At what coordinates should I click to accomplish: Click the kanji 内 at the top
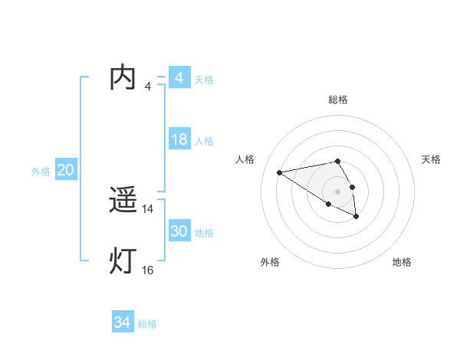pos(123,79)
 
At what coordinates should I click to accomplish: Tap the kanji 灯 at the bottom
pos(123,261)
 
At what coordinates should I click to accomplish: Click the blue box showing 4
pos(179,78)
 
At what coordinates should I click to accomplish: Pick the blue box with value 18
pos(179,139)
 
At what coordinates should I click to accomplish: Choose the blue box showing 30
pos(179,231)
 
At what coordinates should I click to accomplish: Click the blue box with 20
pos(65,170)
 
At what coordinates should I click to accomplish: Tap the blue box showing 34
pos(122,322)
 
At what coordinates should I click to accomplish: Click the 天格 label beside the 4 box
pos(204,80)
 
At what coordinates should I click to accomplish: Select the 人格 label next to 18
pos(204,141)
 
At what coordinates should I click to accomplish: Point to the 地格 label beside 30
pos(204,233)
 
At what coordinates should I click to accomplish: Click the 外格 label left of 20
pos(41,172)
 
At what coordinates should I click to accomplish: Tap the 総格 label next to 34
pos(147,324)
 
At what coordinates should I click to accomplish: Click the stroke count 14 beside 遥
pos(148,209)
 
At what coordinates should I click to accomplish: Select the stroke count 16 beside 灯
pos(148,270)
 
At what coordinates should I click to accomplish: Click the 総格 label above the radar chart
pos(338,100)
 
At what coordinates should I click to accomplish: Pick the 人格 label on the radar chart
pos(245,159)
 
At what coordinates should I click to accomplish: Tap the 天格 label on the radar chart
pos(431,159)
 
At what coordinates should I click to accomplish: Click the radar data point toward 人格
pos(279,172)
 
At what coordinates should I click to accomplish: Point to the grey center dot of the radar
pos(338,191)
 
